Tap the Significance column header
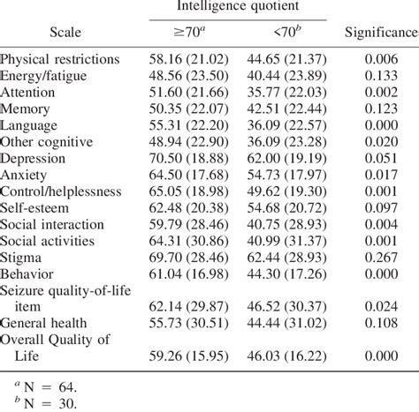click(383, 32)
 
